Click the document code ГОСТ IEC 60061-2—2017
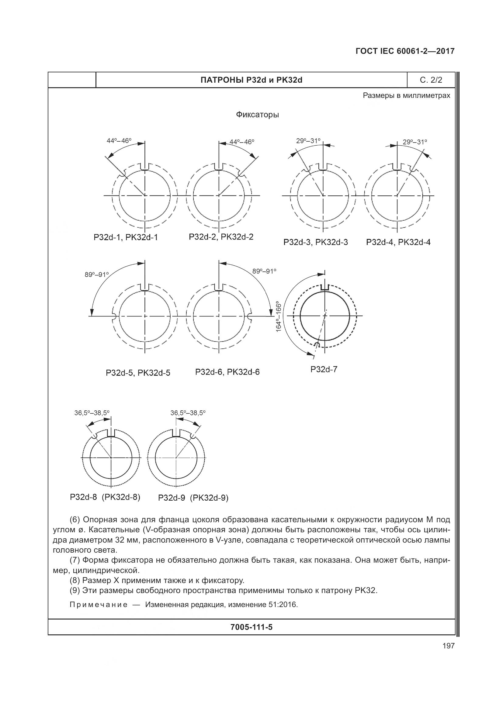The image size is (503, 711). click(405, 51)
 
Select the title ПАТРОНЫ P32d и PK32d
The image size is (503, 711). click(251, 80)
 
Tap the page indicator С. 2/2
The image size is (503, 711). click(431, 80)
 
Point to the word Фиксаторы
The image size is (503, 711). click(257, 115)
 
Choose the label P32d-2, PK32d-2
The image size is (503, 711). click(221, 237)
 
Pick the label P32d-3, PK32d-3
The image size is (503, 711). click(316, 242)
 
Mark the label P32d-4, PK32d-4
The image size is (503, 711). click(398, 242)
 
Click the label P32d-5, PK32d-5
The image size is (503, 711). click(138, 373)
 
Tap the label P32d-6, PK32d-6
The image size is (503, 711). click(227, 372)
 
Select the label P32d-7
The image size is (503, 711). click(324, 369)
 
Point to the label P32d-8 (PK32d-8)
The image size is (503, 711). click(105, 497)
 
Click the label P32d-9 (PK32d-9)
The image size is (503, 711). click(193, 498)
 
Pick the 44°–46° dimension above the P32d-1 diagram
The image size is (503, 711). click(119, 141)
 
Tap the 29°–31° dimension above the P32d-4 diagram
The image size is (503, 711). click(415, 142)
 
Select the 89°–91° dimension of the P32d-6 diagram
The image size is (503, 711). click(264, 271)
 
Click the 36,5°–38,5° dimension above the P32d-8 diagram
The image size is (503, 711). click(92, 413)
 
